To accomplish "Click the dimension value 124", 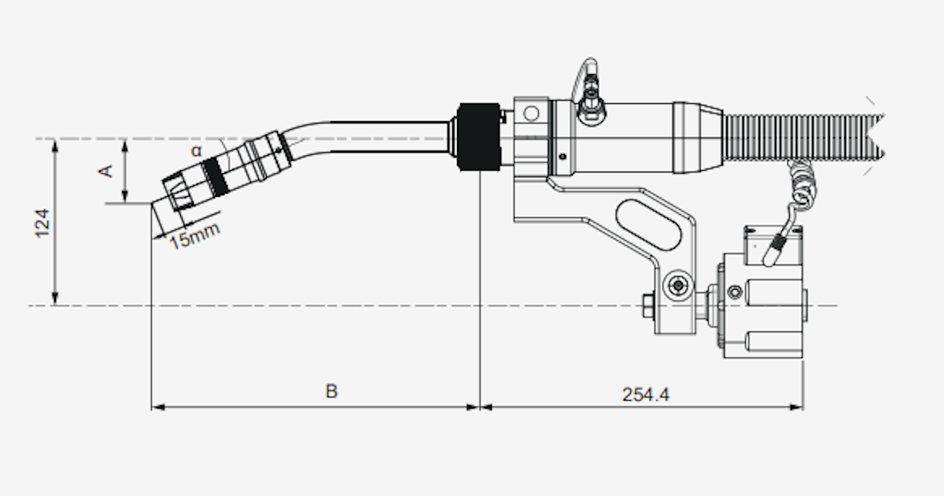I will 42,223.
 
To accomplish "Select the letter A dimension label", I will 109,170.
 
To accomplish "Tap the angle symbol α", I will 196,150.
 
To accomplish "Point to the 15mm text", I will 194,235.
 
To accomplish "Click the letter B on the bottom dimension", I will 331,391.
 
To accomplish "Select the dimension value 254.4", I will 645,394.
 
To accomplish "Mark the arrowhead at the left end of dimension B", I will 156,407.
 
